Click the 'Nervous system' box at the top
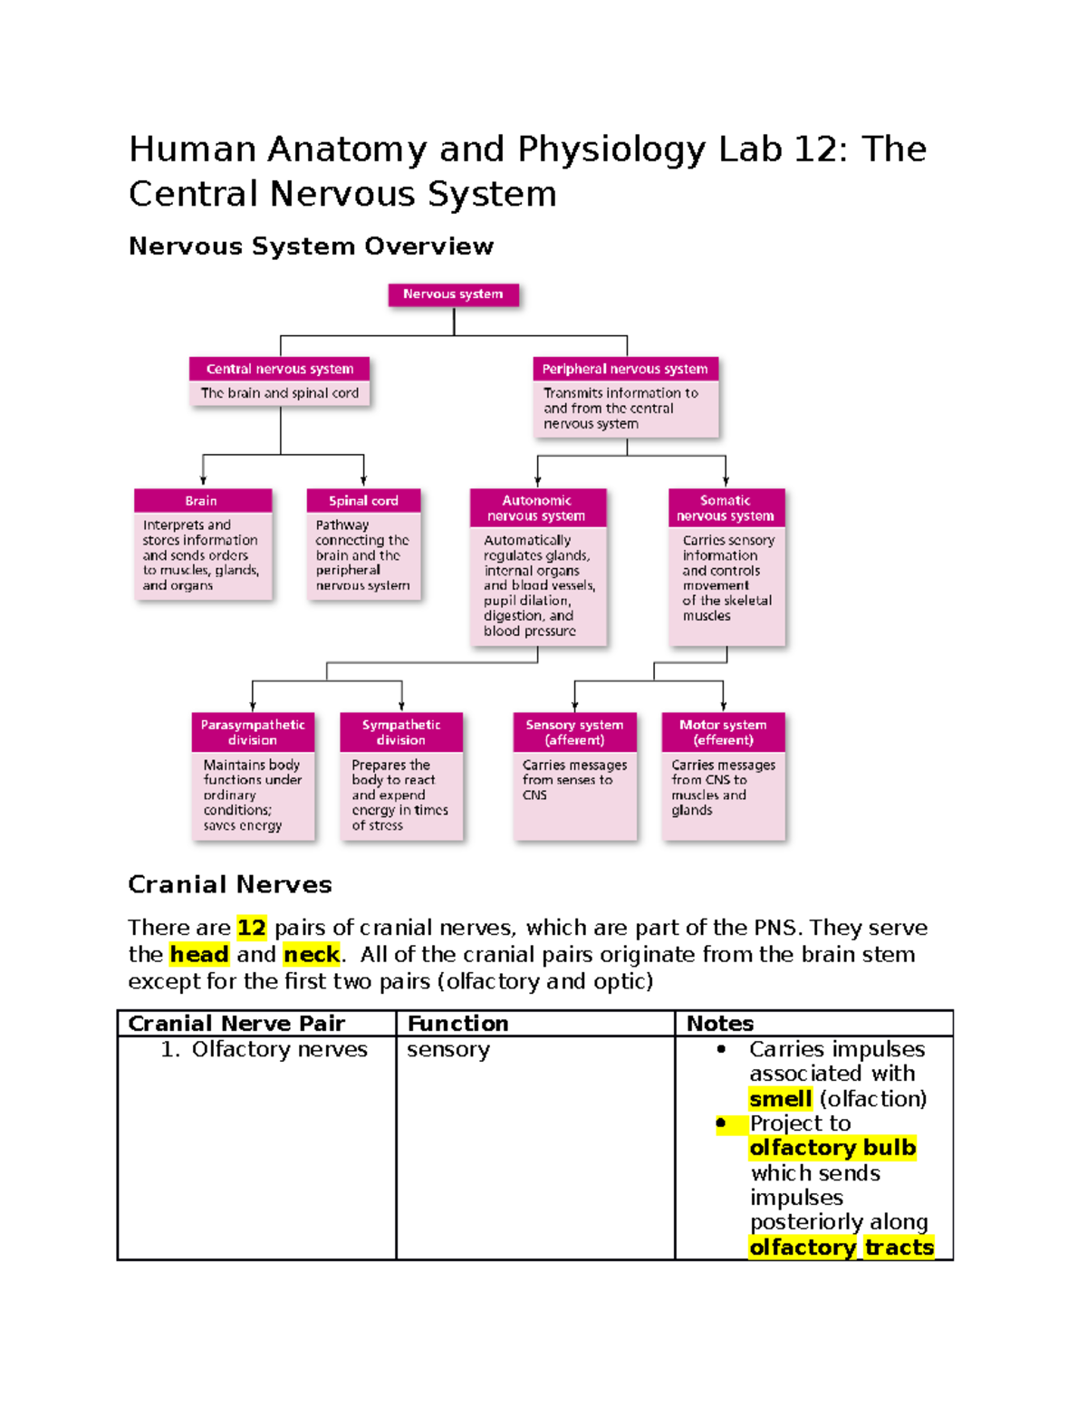(453, 294)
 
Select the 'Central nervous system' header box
(280, 369)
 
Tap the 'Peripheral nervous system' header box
(625, 369)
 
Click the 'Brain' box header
(202, 501)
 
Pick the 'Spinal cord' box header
(363, 501)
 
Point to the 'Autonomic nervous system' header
(537, 508)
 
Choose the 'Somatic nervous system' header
(726, 508)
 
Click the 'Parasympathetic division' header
(253, 732)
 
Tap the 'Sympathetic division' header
(401, 732)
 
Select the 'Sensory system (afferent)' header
(574, 732)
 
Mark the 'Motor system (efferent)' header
(723, 732)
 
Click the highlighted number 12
(252, 928)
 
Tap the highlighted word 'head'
(199, 955)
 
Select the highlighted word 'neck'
(312, 955)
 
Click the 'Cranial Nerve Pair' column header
(236, 1024)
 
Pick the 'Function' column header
(458, 1024)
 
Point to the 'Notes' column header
(720, 1024)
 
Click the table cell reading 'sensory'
(448, 1050)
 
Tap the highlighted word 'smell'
(780, 1099)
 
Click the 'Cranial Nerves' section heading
(230, 885)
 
